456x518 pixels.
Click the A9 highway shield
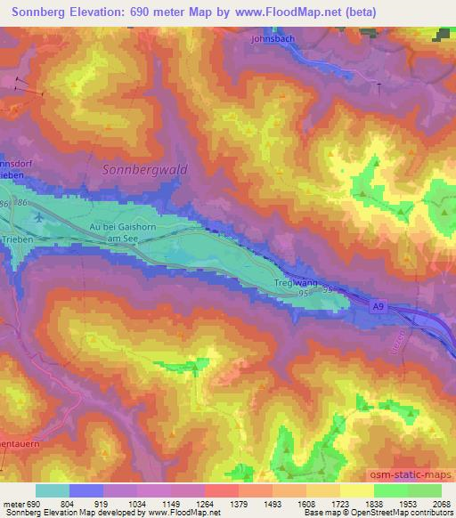coord(378,304)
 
